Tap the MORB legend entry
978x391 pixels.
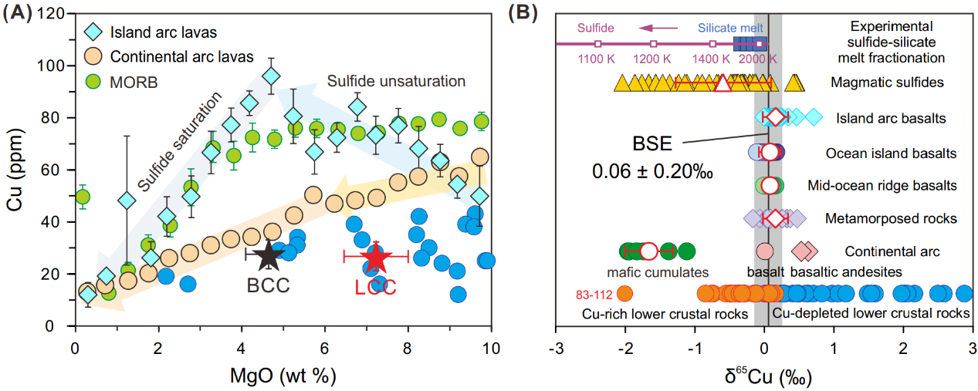133,80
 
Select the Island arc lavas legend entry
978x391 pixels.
152,32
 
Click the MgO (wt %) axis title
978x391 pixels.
283,378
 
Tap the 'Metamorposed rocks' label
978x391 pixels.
889,218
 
